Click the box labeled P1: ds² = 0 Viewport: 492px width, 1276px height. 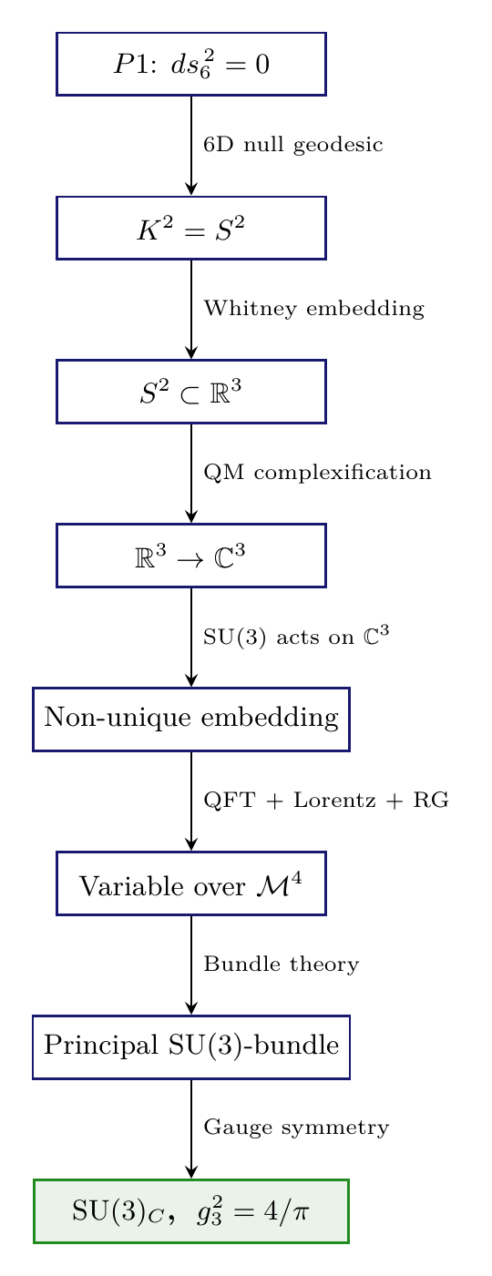[191, 64]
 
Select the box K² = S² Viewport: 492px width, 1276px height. [191, 228]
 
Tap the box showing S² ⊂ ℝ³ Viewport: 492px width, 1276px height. [191, 392]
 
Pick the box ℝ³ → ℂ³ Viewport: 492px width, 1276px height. [191, 556]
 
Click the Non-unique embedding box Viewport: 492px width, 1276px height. [191, 720]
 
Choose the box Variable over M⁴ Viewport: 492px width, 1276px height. [191, 883]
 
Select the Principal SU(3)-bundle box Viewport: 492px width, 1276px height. [191, 1046]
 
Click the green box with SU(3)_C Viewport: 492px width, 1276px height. [191, 1210]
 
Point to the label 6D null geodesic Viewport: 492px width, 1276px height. [292, 146]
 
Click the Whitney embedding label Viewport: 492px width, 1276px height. [313, 310]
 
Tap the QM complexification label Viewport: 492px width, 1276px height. [317, 474]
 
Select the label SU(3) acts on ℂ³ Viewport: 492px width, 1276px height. [296, 638]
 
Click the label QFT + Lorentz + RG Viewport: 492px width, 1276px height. [326, 801]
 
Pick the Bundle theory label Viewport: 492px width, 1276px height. [282, 965]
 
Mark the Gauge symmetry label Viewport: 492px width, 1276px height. [296, 1128]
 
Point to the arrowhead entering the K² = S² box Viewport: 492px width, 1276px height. [191, 188]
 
